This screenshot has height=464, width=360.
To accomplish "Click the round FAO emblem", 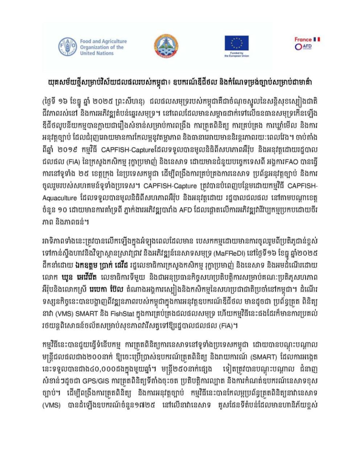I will coord(67,46).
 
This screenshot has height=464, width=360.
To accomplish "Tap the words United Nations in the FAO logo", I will coord(95,53).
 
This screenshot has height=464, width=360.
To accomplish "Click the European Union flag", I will coord(237,43).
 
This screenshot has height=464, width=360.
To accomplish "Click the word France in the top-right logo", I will coord(303,39).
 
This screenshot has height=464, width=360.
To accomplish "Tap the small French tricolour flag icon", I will coord(316,39).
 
